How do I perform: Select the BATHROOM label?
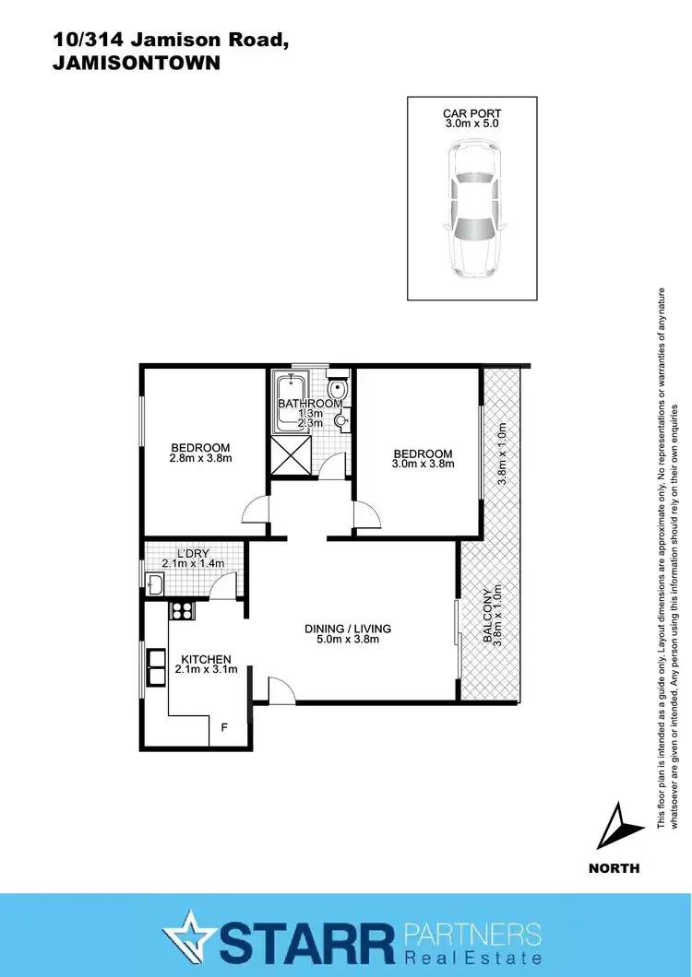(x=310, y=404)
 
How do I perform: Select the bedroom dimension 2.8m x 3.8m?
(x=200, y=458)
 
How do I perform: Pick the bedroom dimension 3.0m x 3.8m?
(x=423, y=465)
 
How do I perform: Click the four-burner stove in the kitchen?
(x=180, y=609)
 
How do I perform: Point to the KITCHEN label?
(x=206, y=659)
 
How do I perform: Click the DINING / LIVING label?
(x=348, y=629)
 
